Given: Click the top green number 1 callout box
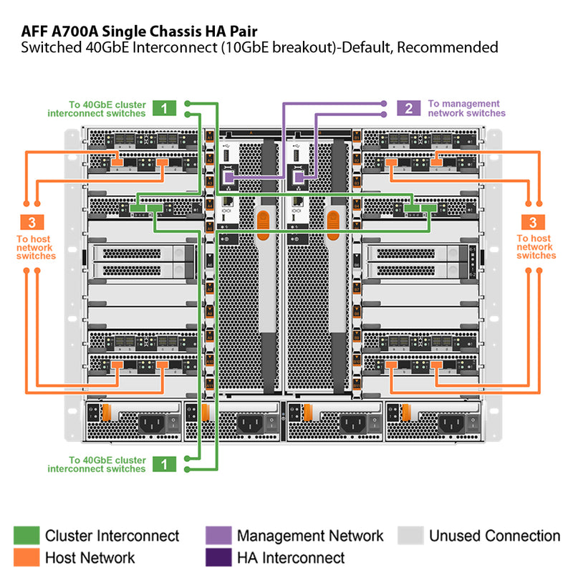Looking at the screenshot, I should (164, 108).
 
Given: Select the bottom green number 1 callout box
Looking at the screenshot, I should (164, 463).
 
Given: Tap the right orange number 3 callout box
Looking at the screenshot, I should (533, 222).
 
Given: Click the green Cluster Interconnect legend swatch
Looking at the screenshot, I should (27, 535).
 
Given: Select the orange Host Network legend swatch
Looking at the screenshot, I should (27, 557).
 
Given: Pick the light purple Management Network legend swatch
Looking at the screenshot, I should (218, 535).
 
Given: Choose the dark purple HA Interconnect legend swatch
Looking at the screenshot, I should (218, 557).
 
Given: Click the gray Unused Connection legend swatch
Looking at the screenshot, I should (410, 535).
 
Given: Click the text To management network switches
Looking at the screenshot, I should (466, 108).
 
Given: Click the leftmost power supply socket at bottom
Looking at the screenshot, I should (153, 423).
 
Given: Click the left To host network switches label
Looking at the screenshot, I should (35, 247).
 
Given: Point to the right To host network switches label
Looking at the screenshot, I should (536, 247).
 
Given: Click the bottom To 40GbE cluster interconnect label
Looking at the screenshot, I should (97, 464).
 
